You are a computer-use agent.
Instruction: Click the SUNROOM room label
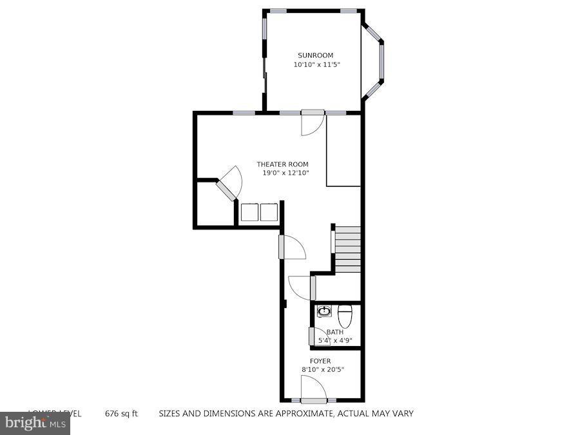coord(315,55)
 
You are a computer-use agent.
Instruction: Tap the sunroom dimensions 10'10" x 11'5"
coord(316,64)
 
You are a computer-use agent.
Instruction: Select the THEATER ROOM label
coord(282,164)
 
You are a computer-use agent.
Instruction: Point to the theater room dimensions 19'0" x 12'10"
coord(285,173)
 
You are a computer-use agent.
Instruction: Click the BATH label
coord(334,332)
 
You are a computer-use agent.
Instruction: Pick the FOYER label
coord(320,361)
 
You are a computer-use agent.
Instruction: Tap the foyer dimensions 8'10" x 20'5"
coord(322,369)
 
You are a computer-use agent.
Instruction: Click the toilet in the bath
coord(345,315)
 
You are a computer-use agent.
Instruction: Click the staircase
coord(347,249)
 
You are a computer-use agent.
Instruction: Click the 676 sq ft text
coord(121,414)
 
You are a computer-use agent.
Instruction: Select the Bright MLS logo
coord(35,423)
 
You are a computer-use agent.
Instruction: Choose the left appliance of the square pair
coord(249,212)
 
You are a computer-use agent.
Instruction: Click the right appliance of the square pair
coord(269,212)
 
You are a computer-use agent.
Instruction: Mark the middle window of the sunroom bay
coord(381,62)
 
